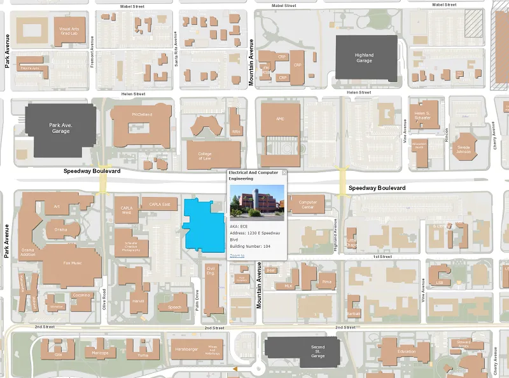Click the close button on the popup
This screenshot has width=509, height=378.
coord(284,172)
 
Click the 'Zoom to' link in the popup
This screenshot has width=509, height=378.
coord(237,255)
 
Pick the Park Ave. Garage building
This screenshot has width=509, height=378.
coord(61,128)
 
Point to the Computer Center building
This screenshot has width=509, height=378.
coord(307,205)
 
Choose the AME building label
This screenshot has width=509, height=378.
coord(280,119)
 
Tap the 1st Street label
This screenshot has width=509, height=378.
coord(382,256)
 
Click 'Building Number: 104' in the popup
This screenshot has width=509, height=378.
coord(250,246)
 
